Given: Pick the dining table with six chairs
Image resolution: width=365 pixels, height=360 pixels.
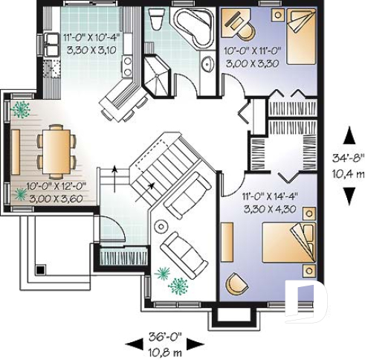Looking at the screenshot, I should [x=55, y=149].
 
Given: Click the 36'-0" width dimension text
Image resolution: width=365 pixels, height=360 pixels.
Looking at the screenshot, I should [x=164, y=334].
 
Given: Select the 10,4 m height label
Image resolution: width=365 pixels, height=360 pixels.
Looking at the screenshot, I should [x=346, y=173].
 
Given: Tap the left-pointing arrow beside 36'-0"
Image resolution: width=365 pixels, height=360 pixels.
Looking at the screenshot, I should [x=134, y=343].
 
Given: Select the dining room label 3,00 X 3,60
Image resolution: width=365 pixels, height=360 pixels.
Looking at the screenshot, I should [x=55, y=198].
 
